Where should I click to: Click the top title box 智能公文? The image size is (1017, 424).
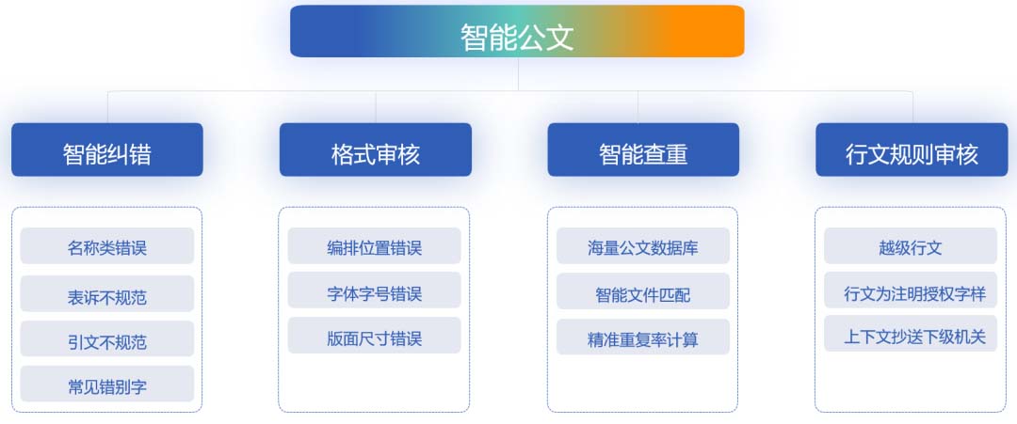click(x=517, y=31)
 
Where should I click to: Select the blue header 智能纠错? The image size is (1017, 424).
click(x=107, y=149)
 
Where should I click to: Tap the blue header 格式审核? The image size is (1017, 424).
click(x=376, y=149)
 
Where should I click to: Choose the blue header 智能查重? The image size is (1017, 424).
click(x=643, y=149)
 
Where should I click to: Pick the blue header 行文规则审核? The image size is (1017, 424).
click(x=912, y=149)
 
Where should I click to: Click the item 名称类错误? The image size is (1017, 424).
click(x=107, y=246)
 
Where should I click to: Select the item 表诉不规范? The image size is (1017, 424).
click(x=107, y=294)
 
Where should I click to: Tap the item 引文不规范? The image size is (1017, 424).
click(x=107, y=338)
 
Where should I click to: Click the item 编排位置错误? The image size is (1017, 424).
click(x=374, y=246)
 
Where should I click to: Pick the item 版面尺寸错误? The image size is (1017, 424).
click(x=374, y=336)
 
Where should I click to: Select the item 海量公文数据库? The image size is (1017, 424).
click(x=643, y=246)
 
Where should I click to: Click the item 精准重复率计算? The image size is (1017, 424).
click(x=643, y=337)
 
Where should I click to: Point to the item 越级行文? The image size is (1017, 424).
click(x=911, y=246)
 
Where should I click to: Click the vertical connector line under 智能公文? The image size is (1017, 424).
click(x=518, y=73)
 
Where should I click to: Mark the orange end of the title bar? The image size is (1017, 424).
click(x=714, y=31)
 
